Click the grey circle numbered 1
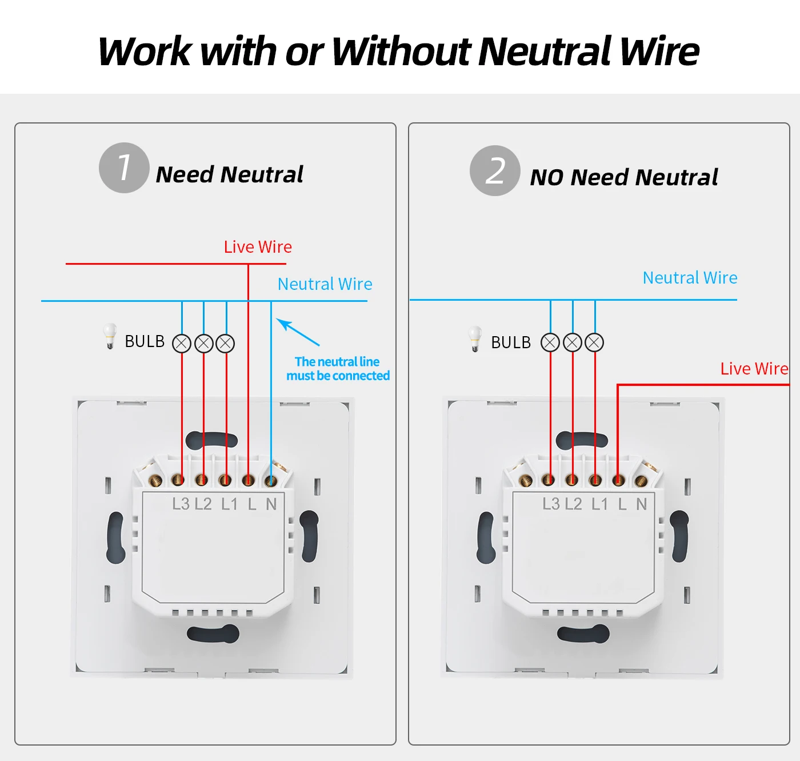coord(123,168)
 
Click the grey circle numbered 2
coord(495,170)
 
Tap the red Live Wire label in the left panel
coord(258,247)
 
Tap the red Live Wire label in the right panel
coord(754,368)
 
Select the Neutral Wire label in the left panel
coord(325,284)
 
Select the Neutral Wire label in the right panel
coord(690,278)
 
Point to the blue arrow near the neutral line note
coord(298,332)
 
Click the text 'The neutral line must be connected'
coord(338,368)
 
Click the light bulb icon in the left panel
coord(110,336)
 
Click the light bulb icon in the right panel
coord(475,338)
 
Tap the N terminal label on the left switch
coord(271,504)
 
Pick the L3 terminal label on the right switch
coord(550,504)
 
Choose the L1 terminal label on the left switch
coord(230,504)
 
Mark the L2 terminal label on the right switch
coord(573,504)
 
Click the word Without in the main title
coord(401,51)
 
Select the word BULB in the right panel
coord(511,342)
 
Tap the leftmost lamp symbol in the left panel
coord(182,344)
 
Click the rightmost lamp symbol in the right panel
coord(594,342)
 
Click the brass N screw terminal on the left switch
coord(270,481)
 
